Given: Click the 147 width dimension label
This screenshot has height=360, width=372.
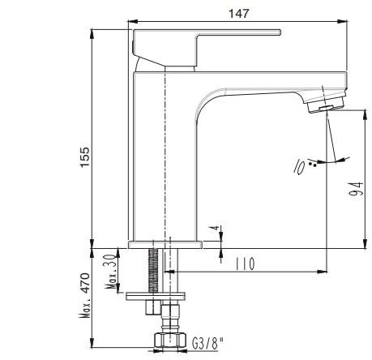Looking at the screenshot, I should tap(238, 13).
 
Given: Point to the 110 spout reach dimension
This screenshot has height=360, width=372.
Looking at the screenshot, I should tap(245, 264).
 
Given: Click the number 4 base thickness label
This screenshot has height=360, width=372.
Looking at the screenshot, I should tap(214, 232).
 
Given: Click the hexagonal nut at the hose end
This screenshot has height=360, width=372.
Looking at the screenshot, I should tap(166, 341).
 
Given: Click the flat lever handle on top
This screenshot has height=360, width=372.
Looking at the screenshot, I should tap(207, 36).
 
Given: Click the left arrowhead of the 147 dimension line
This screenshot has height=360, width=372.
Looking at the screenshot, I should tap(134, 22).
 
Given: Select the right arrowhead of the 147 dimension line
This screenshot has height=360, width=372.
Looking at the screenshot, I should tap(344, 22).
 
